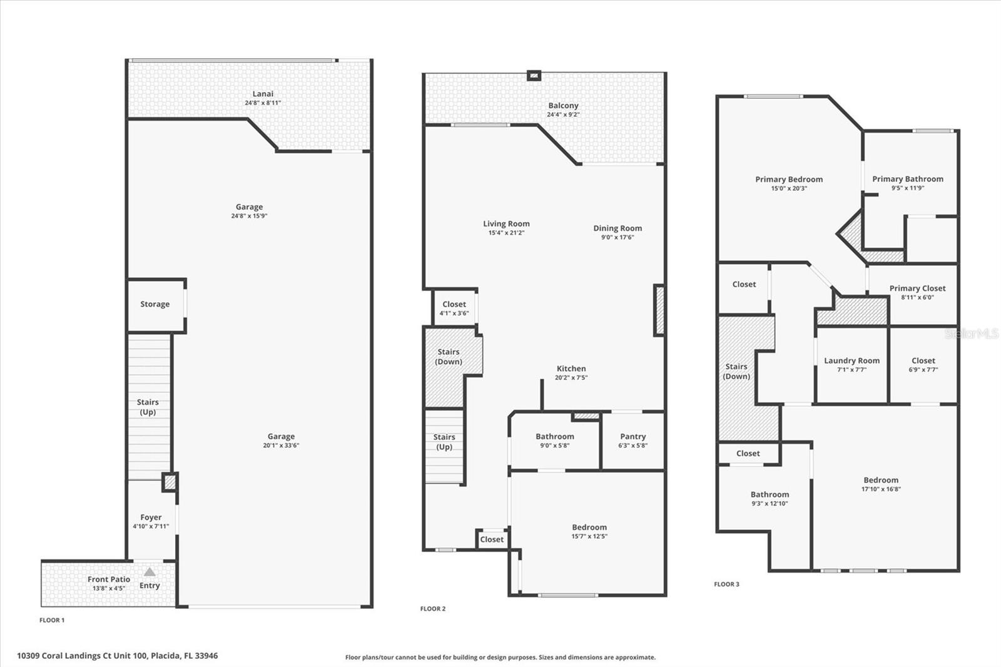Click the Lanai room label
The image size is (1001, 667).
pos(263,94)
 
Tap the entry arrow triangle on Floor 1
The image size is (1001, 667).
pos(150,572)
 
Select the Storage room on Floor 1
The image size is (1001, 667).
pos(155,304)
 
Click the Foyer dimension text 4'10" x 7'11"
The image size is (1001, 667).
pos(151,526)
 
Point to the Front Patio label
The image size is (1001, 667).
pos(109,579)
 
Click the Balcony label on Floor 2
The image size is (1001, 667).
pos(563,106)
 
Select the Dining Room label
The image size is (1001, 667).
pos(617,228)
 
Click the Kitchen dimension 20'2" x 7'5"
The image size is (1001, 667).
pos(571,377)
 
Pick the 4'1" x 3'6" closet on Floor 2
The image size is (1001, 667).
pos(454,308)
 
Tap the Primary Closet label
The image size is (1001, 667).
pos(917,288)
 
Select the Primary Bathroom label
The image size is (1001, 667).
pos(908,179)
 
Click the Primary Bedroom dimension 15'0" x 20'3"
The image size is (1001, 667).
pos(789,188)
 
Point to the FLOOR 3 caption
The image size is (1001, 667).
pos(726,584)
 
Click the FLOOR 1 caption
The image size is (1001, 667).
pos(52,620)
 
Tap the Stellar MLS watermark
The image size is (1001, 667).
pos(971,334)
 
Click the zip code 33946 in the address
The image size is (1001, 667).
pos(207,656)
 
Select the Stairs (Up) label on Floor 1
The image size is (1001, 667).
pos(148,407)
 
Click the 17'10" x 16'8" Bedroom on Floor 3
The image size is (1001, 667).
pos(881,484)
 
